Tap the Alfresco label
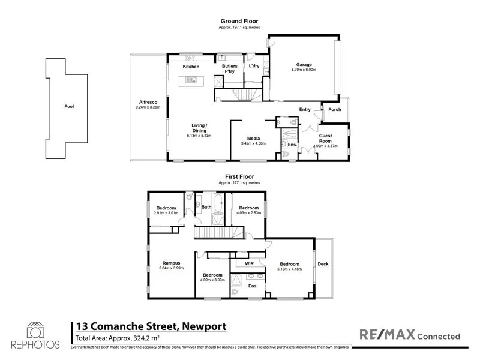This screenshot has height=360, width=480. [x=148, y=102]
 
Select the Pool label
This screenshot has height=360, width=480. [x=69, y=107]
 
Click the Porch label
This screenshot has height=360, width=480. [x=334, y=109]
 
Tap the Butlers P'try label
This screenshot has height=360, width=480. [x=230, y=68]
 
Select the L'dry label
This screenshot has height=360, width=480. [x=254, y=66]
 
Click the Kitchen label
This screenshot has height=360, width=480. [x=191, y=66]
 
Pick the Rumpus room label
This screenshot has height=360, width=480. [x=172, y=263]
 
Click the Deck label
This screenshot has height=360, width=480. [x=323, y=264]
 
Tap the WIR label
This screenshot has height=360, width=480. [x=247, y=263]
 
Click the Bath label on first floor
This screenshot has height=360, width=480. [x=206, y=208]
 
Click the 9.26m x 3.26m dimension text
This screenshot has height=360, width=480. [x=148, y=107]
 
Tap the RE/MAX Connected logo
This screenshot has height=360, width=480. [x=409, y=335]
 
